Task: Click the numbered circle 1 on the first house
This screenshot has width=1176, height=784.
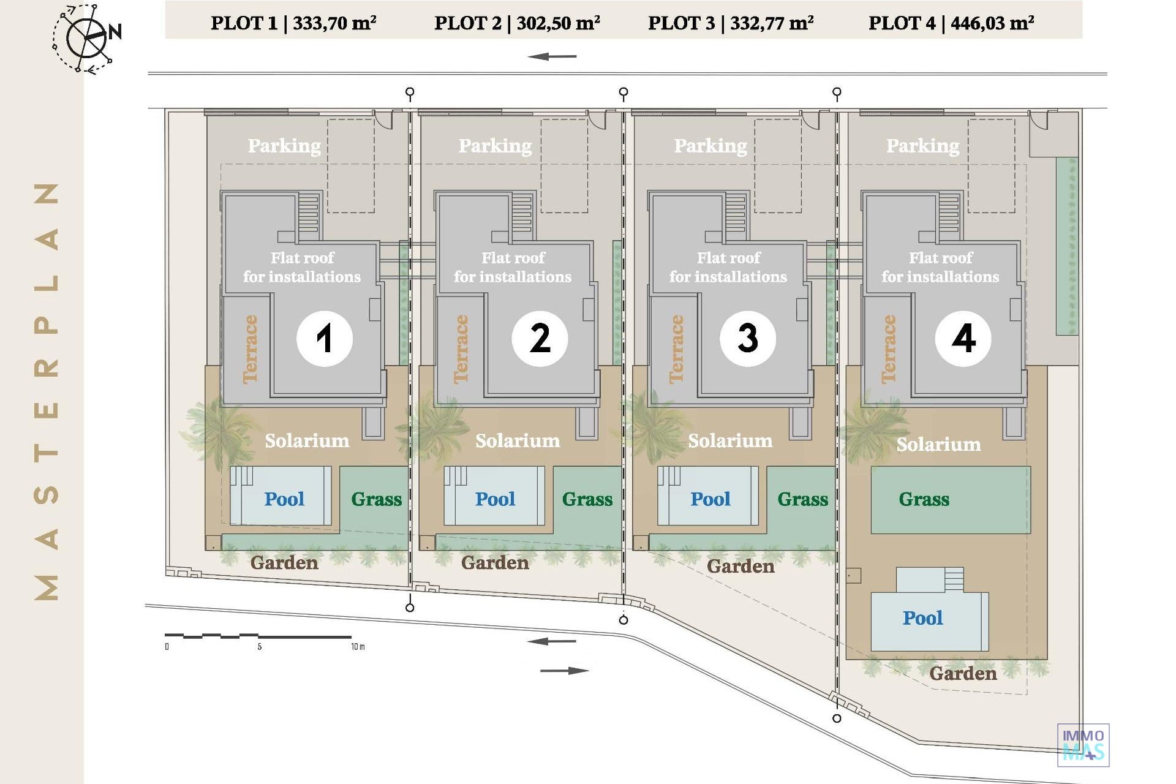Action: coord(324,338)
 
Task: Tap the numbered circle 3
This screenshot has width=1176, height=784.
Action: coord(747,338)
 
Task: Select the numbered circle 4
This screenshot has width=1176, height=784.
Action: coord(963,338)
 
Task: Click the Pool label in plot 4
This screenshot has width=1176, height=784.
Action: coord(922,618)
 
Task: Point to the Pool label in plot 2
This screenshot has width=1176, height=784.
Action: coord(495,499)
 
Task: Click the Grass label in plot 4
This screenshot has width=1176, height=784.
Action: coord(924,499)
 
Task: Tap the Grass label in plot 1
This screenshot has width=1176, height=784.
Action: coord(376,499)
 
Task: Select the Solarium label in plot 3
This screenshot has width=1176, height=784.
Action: coord(729,441)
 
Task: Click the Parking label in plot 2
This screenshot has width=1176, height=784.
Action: coord(495,146)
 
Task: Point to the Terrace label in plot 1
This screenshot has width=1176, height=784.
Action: coord(250,349)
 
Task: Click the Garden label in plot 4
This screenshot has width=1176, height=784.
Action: coord(963,674)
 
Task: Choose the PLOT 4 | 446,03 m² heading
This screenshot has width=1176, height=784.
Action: coord(951,23)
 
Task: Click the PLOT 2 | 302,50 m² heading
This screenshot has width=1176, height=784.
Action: coord(517,23)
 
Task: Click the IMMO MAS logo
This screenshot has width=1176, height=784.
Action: coord(1083,745)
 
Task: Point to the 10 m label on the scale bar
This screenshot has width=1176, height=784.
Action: coord(358,647)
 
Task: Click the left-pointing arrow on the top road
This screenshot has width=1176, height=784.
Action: coord(552,57)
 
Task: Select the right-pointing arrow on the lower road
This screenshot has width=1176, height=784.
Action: coord(564,671)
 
